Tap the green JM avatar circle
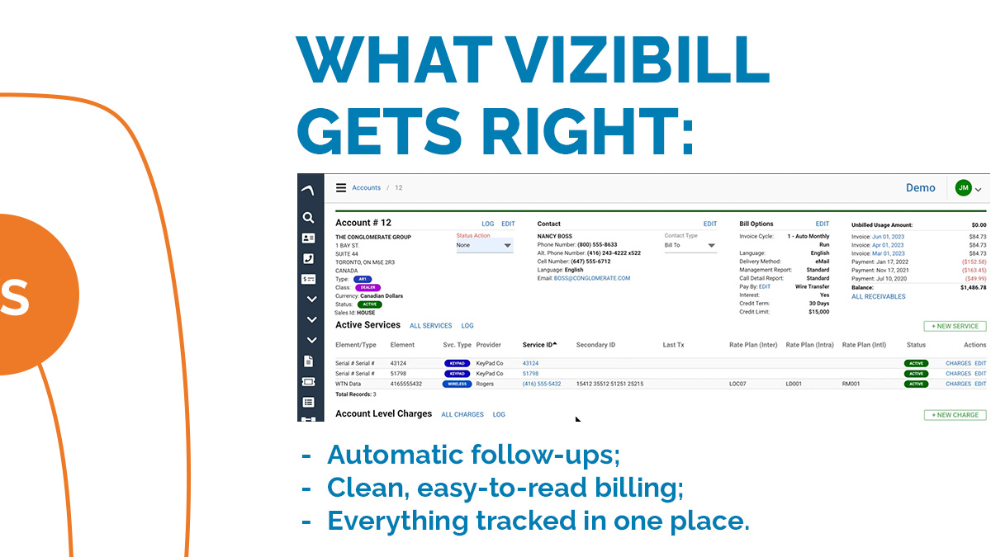963,188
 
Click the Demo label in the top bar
920,188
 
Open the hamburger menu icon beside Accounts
340,187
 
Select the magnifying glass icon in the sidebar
308,218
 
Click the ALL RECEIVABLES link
878,297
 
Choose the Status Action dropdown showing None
485,245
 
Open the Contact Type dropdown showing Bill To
690,245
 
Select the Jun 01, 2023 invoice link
888,237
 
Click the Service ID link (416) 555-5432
541,384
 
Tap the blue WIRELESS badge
457,384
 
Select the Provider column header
489,345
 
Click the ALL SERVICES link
430,326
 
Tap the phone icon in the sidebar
308,258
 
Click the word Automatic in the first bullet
395,455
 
